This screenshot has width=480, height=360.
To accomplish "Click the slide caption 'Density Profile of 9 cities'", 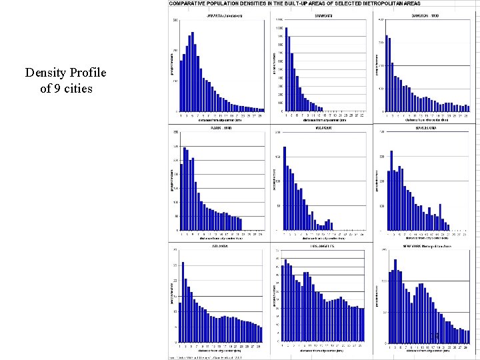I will click(x=65, y=80).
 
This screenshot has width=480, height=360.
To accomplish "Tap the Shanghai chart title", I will click(x=324, y=14).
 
